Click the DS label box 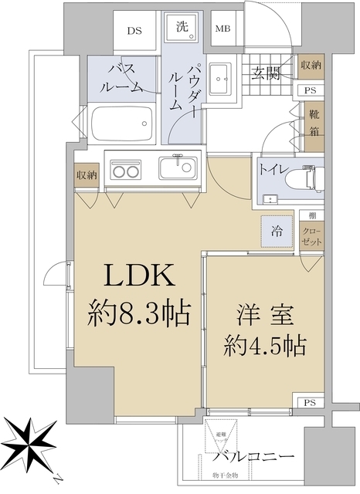[134, 31]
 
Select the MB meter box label [222, 30]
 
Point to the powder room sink [224, 76]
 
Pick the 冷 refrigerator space [276, 229]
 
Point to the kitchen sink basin [178, 168]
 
